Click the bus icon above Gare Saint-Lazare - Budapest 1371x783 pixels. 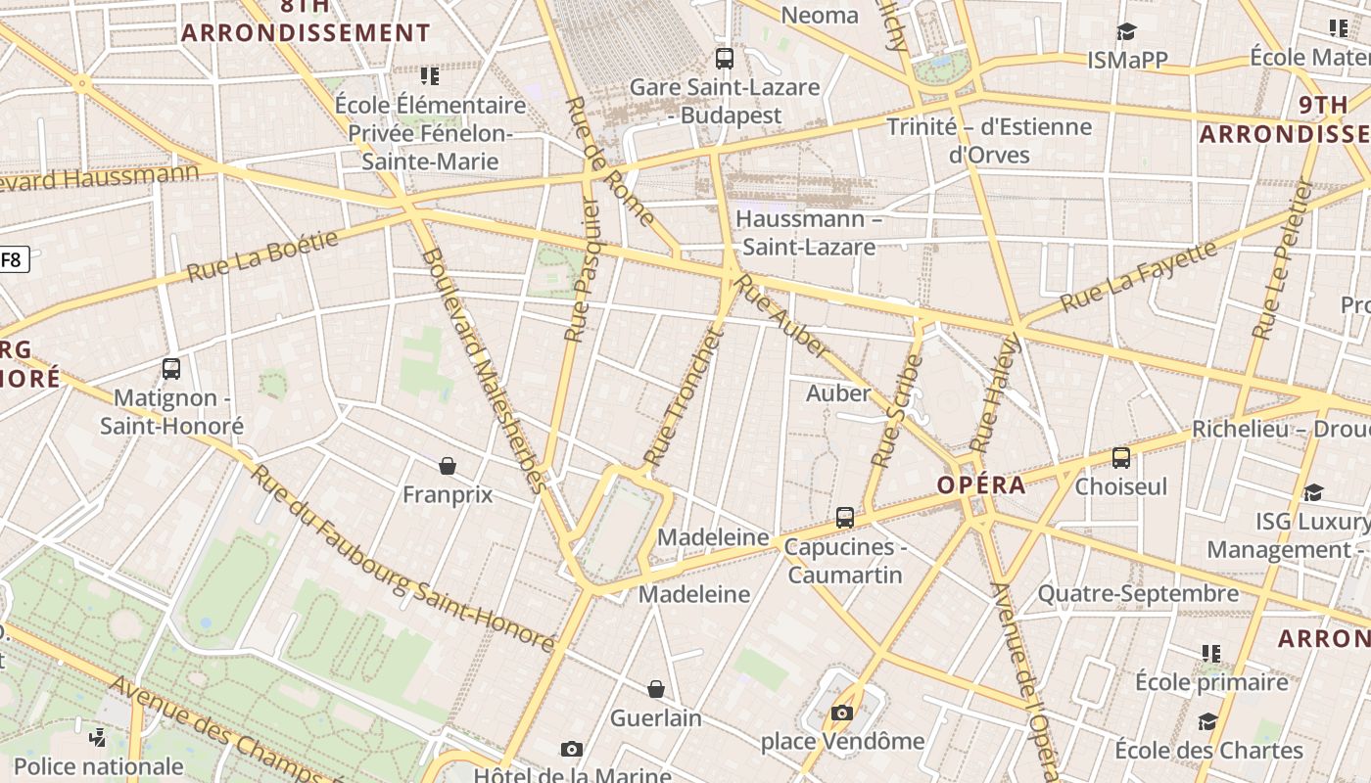tap(725, 59)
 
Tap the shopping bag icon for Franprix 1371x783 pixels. tap(448, 466)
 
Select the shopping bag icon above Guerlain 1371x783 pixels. tap(656, 690)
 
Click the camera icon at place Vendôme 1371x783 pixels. tap(842, 713)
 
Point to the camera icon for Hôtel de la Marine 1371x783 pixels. tap(572, 750)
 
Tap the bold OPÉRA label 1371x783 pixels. tap(981, 485)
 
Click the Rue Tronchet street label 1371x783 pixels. tap(683, 397)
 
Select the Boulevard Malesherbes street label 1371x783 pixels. tap(482, 369)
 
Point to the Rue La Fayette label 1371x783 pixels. tap(1140, 276)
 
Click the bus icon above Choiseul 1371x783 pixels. tap(1121, 457)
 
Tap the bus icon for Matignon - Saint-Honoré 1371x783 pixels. tap(171, 369)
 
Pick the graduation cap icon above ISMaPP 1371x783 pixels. tap(1126, 31)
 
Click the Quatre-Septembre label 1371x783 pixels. tap(1138, 594)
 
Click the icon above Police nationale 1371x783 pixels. tap(98, 737)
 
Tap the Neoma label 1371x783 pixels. tap(820, 15)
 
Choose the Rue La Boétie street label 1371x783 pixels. tap(262, 256)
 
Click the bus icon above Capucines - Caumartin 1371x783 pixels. tap(845, 518)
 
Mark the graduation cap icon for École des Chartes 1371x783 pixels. tap(1207, 722)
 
